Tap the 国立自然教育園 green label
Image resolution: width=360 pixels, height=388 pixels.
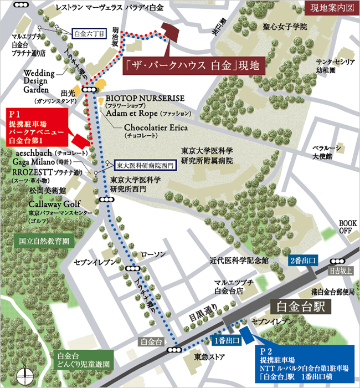(x=43, y=242)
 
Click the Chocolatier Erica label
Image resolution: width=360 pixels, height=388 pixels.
(x=156, y=127)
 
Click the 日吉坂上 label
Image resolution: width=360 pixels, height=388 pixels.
(x=336, y=271)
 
